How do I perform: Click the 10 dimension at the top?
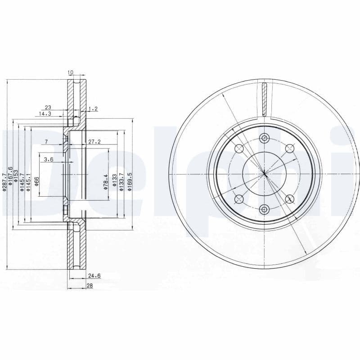pyautogui.click(x=70, y=72)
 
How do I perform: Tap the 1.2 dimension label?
pyautogui.click(x=94, y=108)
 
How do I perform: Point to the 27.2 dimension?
pyautogui.click(x=94, y=141)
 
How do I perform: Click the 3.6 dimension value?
pyautogui.click(x=49, y=159)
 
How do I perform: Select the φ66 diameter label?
pyautogui.click(x=37, y=181)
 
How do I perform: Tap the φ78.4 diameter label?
pyautogui.click(x=106, y=182)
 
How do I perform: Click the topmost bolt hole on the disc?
pyautogui.click(x=264, y=138)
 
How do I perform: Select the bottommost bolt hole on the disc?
pyautogui.click(x=264, y=208)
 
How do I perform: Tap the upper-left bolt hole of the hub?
pyautogui.click(x=239, y=148)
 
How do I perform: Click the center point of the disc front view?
pyautogui.click(x=264, y=173)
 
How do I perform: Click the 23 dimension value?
pyautogui.click(x=48, y=108)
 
